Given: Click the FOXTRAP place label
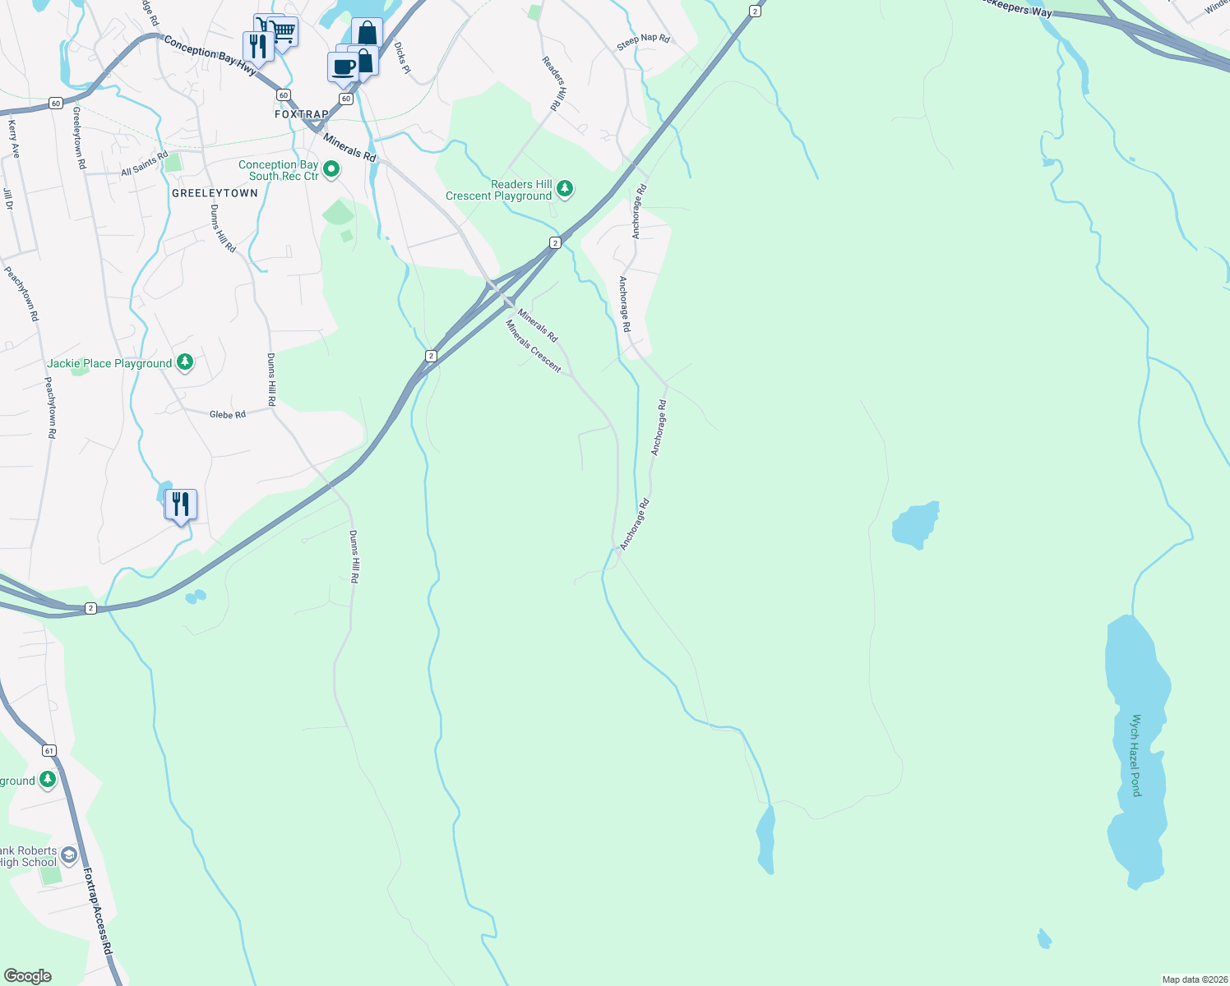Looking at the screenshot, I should click(302, 115).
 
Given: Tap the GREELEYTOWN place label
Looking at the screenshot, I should click(215, 193).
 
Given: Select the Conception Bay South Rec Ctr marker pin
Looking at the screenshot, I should click(331, 170).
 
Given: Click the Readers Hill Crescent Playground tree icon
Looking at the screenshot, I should click(565, 190).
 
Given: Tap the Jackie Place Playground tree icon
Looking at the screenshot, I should click(185, 362).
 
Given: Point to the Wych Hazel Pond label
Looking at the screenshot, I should click(1136, 755).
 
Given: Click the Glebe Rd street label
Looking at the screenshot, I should click(228, 415).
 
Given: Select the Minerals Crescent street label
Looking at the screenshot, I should click(534, 347).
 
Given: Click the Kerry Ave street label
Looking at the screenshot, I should click(13, 139).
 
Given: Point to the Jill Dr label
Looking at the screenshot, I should click(8, 199).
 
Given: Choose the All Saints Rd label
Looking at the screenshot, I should click(144, 163).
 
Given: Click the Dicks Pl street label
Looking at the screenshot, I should click(402, 58).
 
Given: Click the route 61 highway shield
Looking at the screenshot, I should click(49, 751).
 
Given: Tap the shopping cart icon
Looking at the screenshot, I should click(283, 32).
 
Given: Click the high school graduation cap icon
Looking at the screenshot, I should click(69, 855).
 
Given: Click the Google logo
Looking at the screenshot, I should click(28, 976).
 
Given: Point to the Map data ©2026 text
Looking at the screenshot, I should click(1194, 979).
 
